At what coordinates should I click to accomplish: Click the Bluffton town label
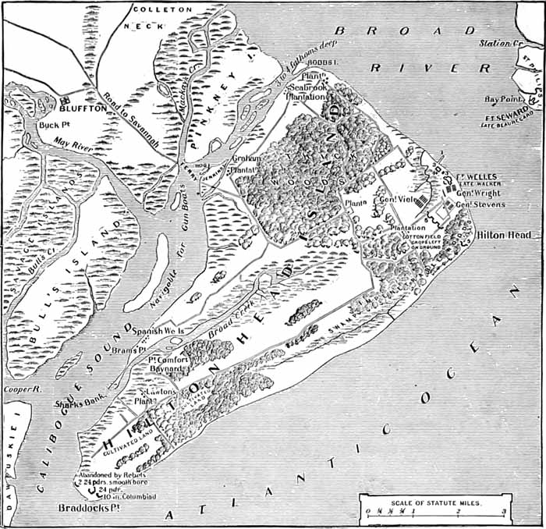click(88, 108)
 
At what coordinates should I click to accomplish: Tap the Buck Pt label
click(51, 124)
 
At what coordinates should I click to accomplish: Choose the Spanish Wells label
click(158, 331)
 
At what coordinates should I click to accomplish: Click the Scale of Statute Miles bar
click(433, 512)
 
